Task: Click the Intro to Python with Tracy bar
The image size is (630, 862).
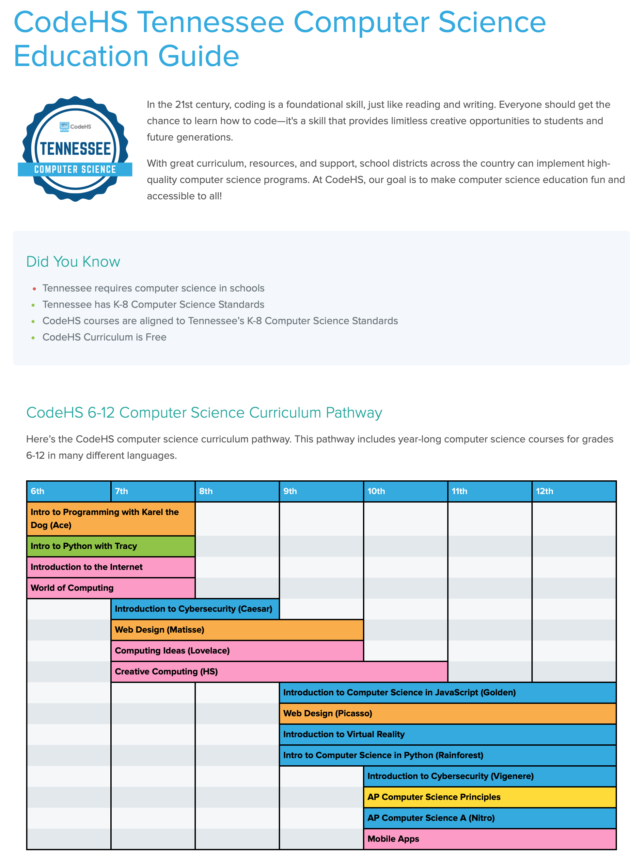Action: (111, 546)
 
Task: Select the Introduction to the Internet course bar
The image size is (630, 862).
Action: (111, 567)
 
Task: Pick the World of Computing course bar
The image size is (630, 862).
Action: (111, 588)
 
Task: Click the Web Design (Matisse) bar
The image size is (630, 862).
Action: (237, 630)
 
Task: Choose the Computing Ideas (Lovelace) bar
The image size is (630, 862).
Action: (237, 651)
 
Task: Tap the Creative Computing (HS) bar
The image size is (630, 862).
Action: (279, 671)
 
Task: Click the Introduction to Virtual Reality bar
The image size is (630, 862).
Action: (447, 734)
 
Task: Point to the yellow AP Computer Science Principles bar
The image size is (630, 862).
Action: (490, 797)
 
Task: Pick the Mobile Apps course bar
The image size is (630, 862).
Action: (490, 839)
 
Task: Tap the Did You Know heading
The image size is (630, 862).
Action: (73, 261)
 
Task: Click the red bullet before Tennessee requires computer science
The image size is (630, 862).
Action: (34, 289)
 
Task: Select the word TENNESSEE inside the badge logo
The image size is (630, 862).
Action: (75, 149)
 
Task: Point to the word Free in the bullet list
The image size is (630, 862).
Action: (156, 337)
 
